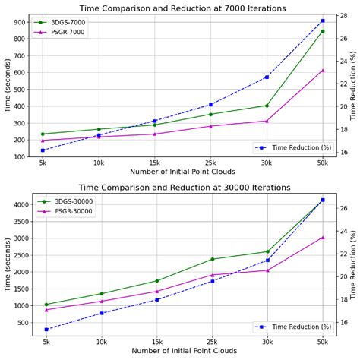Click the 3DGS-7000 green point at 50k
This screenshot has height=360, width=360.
click(323, 31)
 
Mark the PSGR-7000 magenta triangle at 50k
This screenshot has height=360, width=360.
click(323, 71)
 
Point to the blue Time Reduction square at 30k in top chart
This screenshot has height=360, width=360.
click(267, 77)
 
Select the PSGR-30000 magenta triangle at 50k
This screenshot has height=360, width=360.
click(323, 238)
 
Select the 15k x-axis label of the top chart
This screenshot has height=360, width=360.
click(155, 163)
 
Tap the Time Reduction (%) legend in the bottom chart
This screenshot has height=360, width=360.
click(295, 327)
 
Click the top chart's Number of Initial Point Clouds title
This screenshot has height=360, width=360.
click(183, 172)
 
